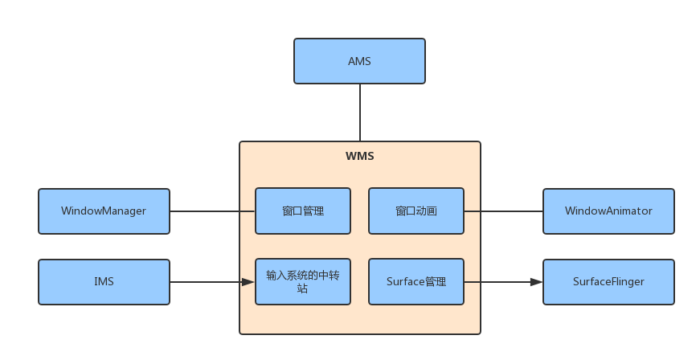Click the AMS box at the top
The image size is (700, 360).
point(359,61)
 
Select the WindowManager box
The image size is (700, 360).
point(104,211)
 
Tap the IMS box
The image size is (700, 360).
point(104,282)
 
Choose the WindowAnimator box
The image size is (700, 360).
point(608,211)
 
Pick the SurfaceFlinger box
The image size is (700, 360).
point(608,282)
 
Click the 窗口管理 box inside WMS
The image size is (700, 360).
point(303,211)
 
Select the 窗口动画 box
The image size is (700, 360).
point(415,211)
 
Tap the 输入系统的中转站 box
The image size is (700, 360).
point(303,282)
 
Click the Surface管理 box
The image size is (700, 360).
point(415,282)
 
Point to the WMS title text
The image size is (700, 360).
point(359,156)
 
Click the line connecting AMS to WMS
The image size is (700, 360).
point(359,112)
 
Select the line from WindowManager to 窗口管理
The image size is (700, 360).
point(212,211)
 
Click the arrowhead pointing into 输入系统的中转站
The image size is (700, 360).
point(248,282)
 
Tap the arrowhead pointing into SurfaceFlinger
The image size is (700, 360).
point(536,282)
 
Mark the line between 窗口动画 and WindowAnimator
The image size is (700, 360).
point(503,211)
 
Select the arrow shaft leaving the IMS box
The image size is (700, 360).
point(205,282)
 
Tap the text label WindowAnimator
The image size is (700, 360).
point(608,211)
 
